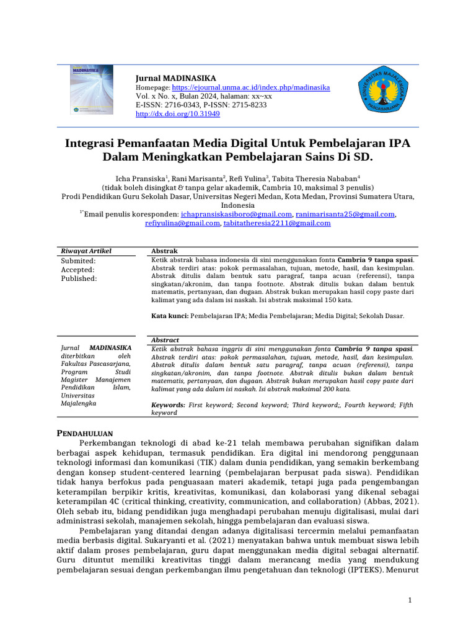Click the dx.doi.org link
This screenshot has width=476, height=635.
(x=177, y=114)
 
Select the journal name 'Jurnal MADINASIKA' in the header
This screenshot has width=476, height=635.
(x=176, y=78)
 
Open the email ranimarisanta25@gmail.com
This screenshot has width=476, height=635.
(x=345, y=214)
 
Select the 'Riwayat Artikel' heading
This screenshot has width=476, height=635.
(x=86, y=251)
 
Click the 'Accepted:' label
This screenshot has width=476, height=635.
(x=77, y=270)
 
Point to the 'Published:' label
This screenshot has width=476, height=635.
(x=79, y=278)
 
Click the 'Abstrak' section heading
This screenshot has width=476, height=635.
(x=164, y=251)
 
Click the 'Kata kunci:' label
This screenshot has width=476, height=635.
(x=170, y=316)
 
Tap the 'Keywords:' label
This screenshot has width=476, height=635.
(x=169, y=404)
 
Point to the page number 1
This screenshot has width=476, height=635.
(x=410, y=600)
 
